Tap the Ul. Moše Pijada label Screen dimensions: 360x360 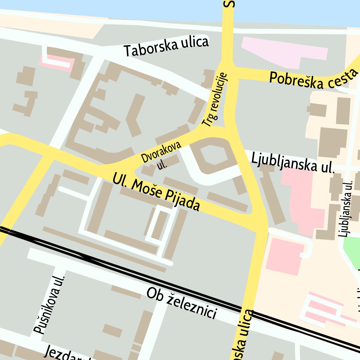(x=156, y=191)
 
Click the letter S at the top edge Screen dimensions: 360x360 (x=230, y=4)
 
